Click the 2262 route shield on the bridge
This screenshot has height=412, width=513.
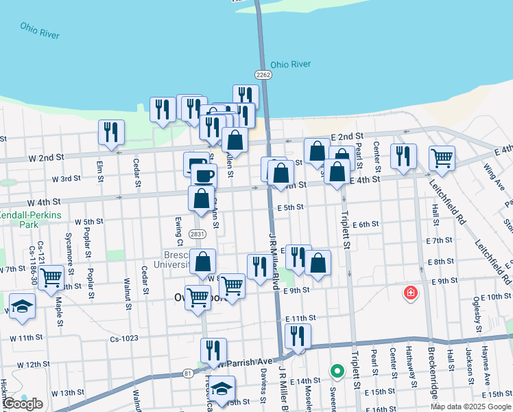[263, 74]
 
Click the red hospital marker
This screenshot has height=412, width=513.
[411, 293]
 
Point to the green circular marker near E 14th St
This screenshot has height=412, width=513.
[337, 372]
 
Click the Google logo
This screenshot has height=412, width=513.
[23, 404]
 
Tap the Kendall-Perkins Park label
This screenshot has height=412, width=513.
[30, 220]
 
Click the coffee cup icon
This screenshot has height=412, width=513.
[203, 175]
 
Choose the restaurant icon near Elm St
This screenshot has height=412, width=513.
[111, 132]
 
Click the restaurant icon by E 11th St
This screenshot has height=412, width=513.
[298, 336]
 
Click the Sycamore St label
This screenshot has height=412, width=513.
[68, 253]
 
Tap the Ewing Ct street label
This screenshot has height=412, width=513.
[179, 230]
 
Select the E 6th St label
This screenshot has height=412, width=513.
[366, 225]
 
